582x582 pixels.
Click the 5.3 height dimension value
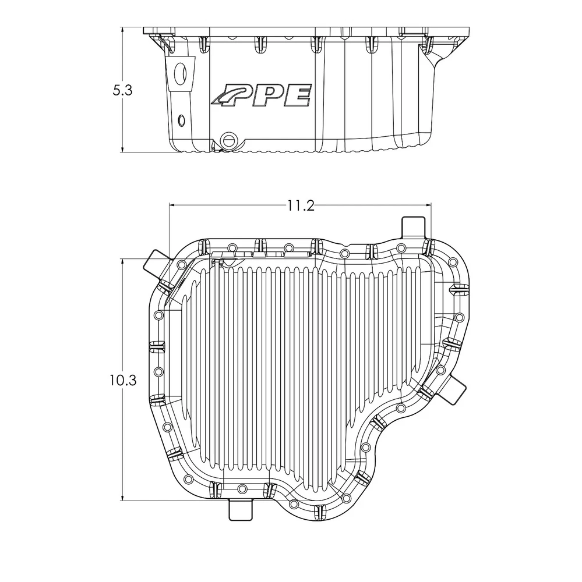point(123,91)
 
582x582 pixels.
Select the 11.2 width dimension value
point(300,205)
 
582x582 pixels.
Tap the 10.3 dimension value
point(123,380)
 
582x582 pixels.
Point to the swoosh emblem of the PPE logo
point(227,95)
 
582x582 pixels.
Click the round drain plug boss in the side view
point(228,140)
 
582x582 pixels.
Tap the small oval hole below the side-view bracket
point(181,120)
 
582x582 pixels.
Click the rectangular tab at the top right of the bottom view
point(413,227)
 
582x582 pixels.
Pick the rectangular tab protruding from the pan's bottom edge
point(241,509)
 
